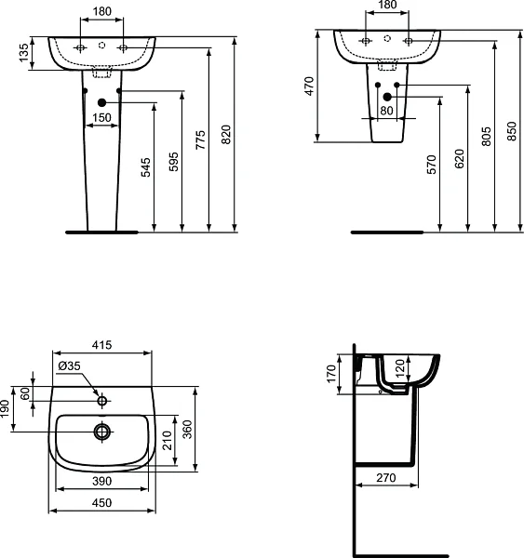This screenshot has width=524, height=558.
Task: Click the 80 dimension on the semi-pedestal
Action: pos(386,111)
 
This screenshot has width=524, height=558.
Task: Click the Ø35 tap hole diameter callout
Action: pos(69,366)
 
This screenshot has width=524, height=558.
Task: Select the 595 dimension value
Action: pos(171,161)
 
